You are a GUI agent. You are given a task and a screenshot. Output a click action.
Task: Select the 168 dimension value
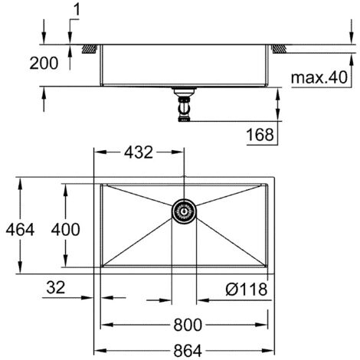click(x=260, y=135)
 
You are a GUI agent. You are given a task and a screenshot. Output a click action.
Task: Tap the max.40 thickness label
click(x=322, y=77)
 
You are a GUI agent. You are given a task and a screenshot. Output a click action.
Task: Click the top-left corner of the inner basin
click(x=103, y=185)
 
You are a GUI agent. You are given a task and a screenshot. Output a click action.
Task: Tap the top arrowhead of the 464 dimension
click(x=20, y=183)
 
